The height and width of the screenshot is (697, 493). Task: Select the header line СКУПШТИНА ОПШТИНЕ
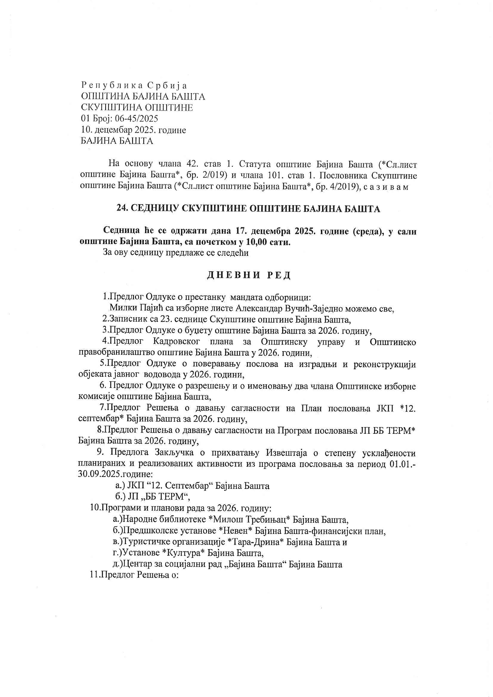(x=137, y=107)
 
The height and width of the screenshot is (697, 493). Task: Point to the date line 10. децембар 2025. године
(x=133, y=130)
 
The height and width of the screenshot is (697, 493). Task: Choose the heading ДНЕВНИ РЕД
(x=249, y=275)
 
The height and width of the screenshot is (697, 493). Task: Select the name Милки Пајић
(x=137, y=309)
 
